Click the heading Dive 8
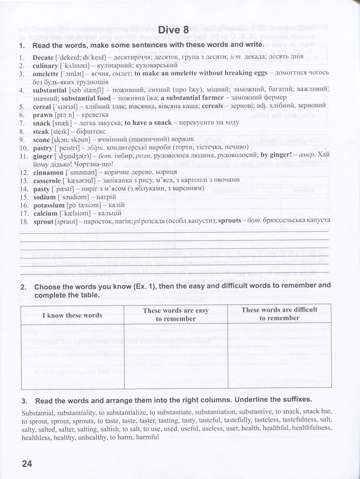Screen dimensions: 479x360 point(176,30)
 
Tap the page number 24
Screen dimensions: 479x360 point(26,463)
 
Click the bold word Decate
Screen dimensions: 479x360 point(43,57)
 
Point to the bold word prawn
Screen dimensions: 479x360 point(43,115)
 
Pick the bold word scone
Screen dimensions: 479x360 point(42,139)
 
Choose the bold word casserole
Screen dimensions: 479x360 point(47,181)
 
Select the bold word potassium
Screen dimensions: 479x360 point(48,205)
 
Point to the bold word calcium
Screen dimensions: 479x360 point(45,213)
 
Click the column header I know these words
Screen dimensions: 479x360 point(72,315)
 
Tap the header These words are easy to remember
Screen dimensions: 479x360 point(176,314)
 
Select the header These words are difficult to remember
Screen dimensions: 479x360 point(279,314)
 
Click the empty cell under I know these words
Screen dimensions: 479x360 point(72,356)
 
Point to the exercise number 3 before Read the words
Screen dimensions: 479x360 point(24,399)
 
